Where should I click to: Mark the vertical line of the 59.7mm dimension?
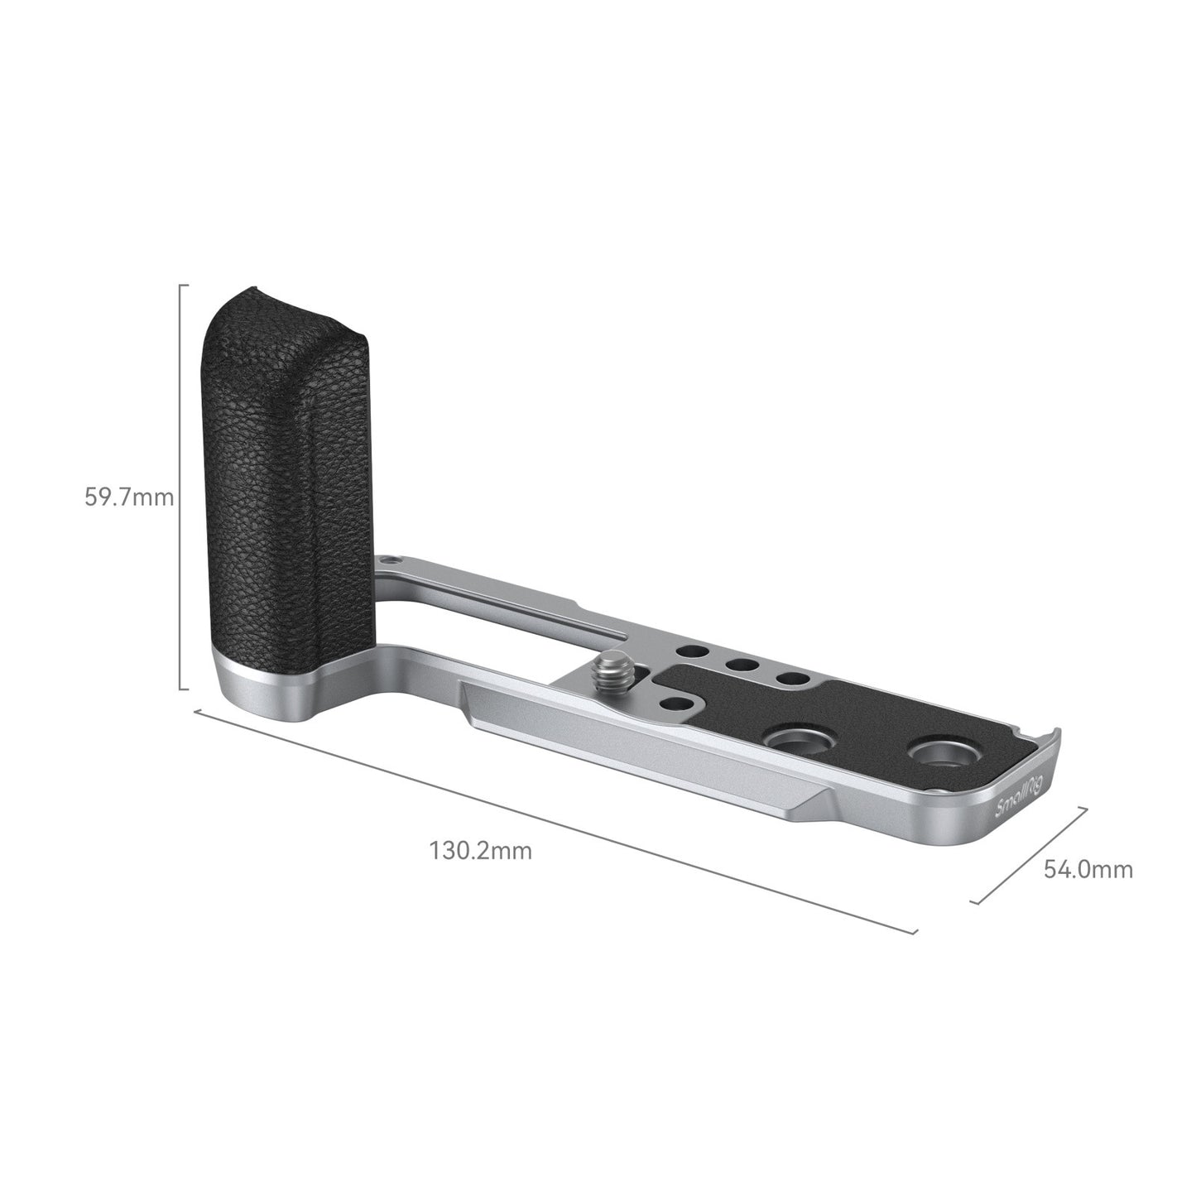(x=181, y=488)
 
